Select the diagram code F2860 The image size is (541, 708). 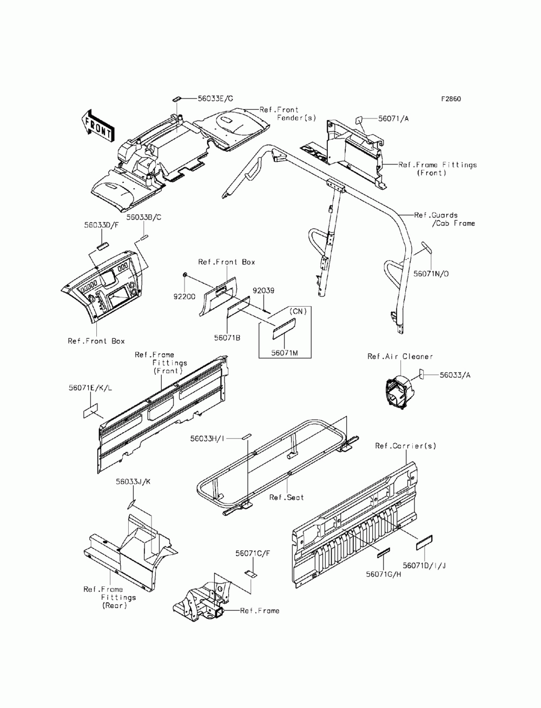(x=451, y=99)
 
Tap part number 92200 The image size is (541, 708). (x=185, y=296)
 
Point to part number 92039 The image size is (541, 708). (x=263, y=290)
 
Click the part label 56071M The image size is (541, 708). (x=285, y=352)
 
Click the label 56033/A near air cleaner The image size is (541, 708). (x=454, y=374)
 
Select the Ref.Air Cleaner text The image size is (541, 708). (x=400, y=356)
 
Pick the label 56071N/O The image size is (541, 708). (x=431, y=274)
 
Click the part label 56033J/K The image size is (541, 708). (x=133, y=481)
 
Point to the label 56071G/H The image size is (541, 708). (x=383, y=574)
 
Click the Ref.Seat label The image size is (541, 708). (x=287, y=497)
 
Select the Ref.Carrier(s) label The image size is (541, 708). (x=405, y=446)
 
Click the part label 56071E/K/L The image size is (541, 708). (x=91, y=388)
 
